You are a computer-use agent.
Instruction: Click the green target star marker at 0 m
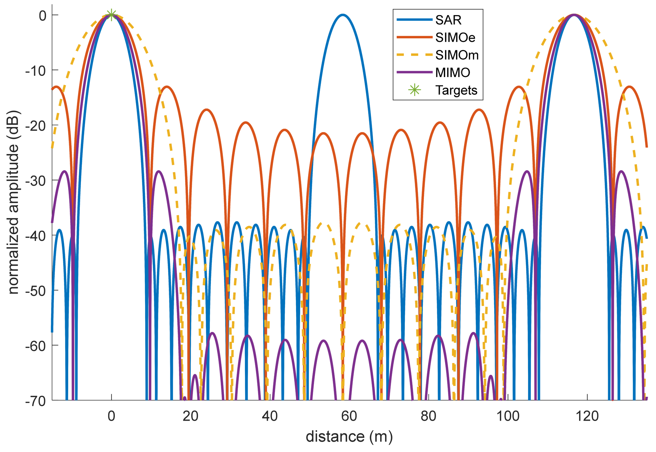click(x=111, y=15)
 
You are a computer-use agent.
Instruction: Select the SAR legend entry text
click(x=448, y=20)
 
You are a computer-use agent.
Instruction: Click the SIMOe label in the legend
click(x=455, y=38)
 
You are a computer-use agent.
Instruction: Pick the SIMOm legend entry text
click(x=457, y=55)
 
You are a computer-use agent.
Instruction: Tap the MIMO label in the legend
click(x=452, y=73)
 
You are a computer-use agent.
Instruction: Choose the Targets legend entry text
click(x=456, y=90)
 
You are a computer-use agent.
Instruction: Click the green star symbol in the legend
click(x=414, y=90)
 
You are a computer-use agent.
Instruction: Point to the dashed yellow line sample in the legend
click(x=414, y=55)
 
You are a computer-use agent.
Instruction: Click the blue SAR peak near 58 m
click(x=343, y=15)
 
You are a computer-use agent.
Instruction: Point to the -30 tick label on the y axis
click(x=35, y=181)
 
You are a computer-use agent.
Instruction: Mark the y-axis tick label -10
click(x=35, y=71)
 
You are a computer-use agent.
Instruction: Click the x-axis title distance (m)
click(x=349, y=437)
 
